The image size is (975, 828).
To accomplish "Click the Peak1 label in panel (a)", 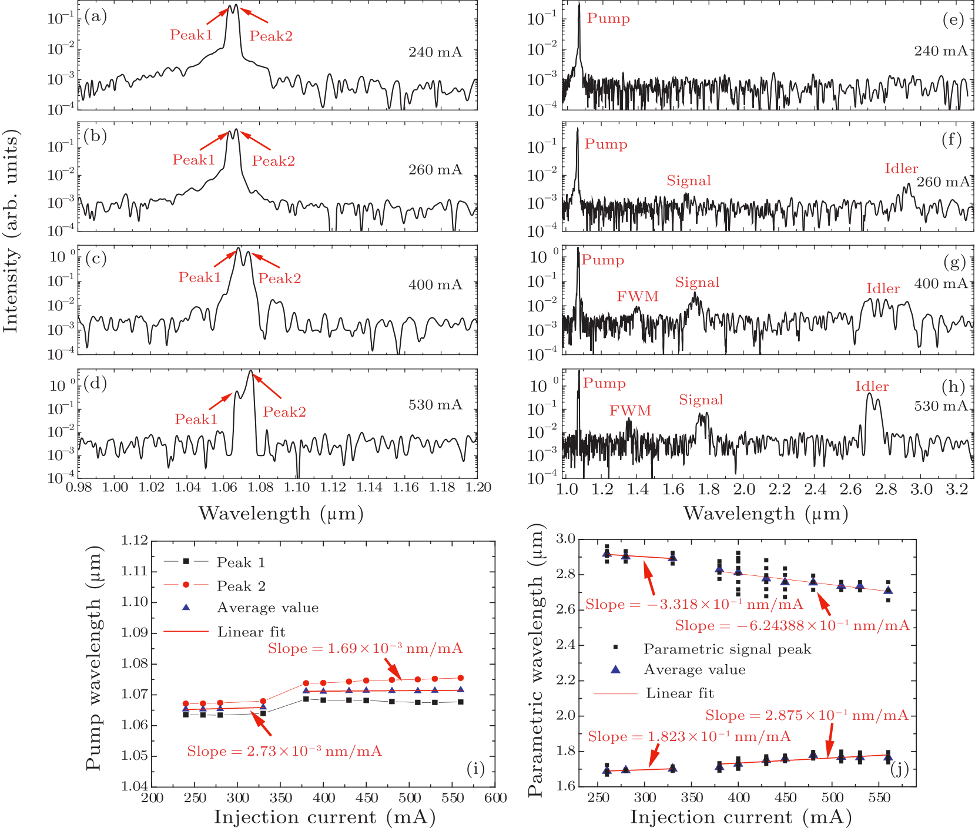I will point(191,35).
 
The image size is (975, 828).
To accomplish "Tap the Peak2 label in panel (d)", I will point(284,412).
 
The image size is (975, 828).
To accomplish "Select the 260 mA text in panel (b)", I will point(435,170).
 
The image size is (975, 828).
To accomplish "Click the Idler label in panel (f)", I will point(901,169).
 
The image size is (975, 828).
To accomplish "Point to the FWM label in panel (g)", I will point(638,296).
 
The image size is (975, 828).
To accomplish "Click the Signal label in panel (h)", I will point(701,400).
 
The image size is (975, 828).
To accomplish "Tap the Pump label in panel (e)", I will point(608,18).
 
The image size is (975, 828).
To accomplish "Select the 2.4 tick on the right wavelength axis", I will point(815,490).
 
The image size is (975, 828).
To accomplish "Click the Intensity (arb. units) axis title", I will point(11,230).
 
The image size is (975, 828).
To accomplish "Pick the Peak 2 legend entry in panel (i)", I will point(241,586).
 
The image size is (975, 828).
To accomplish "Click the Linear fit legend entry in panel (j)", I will point(679,693).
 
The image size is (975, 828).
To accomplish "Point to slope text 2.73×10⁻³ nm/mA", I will point(284,751).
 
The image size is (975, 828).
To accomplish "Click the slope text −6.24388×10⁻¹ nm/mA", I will point(792,625).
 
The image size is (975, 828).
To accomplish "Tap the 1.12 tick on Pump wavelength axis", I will point(134,540).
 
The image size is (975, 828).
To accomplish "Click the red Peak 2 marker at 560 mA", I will point(460,678).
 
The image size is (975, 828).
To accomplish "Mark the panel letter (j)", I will point(899,769).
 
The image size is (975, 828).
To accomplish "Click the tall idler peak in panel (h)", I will point(869,395).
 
